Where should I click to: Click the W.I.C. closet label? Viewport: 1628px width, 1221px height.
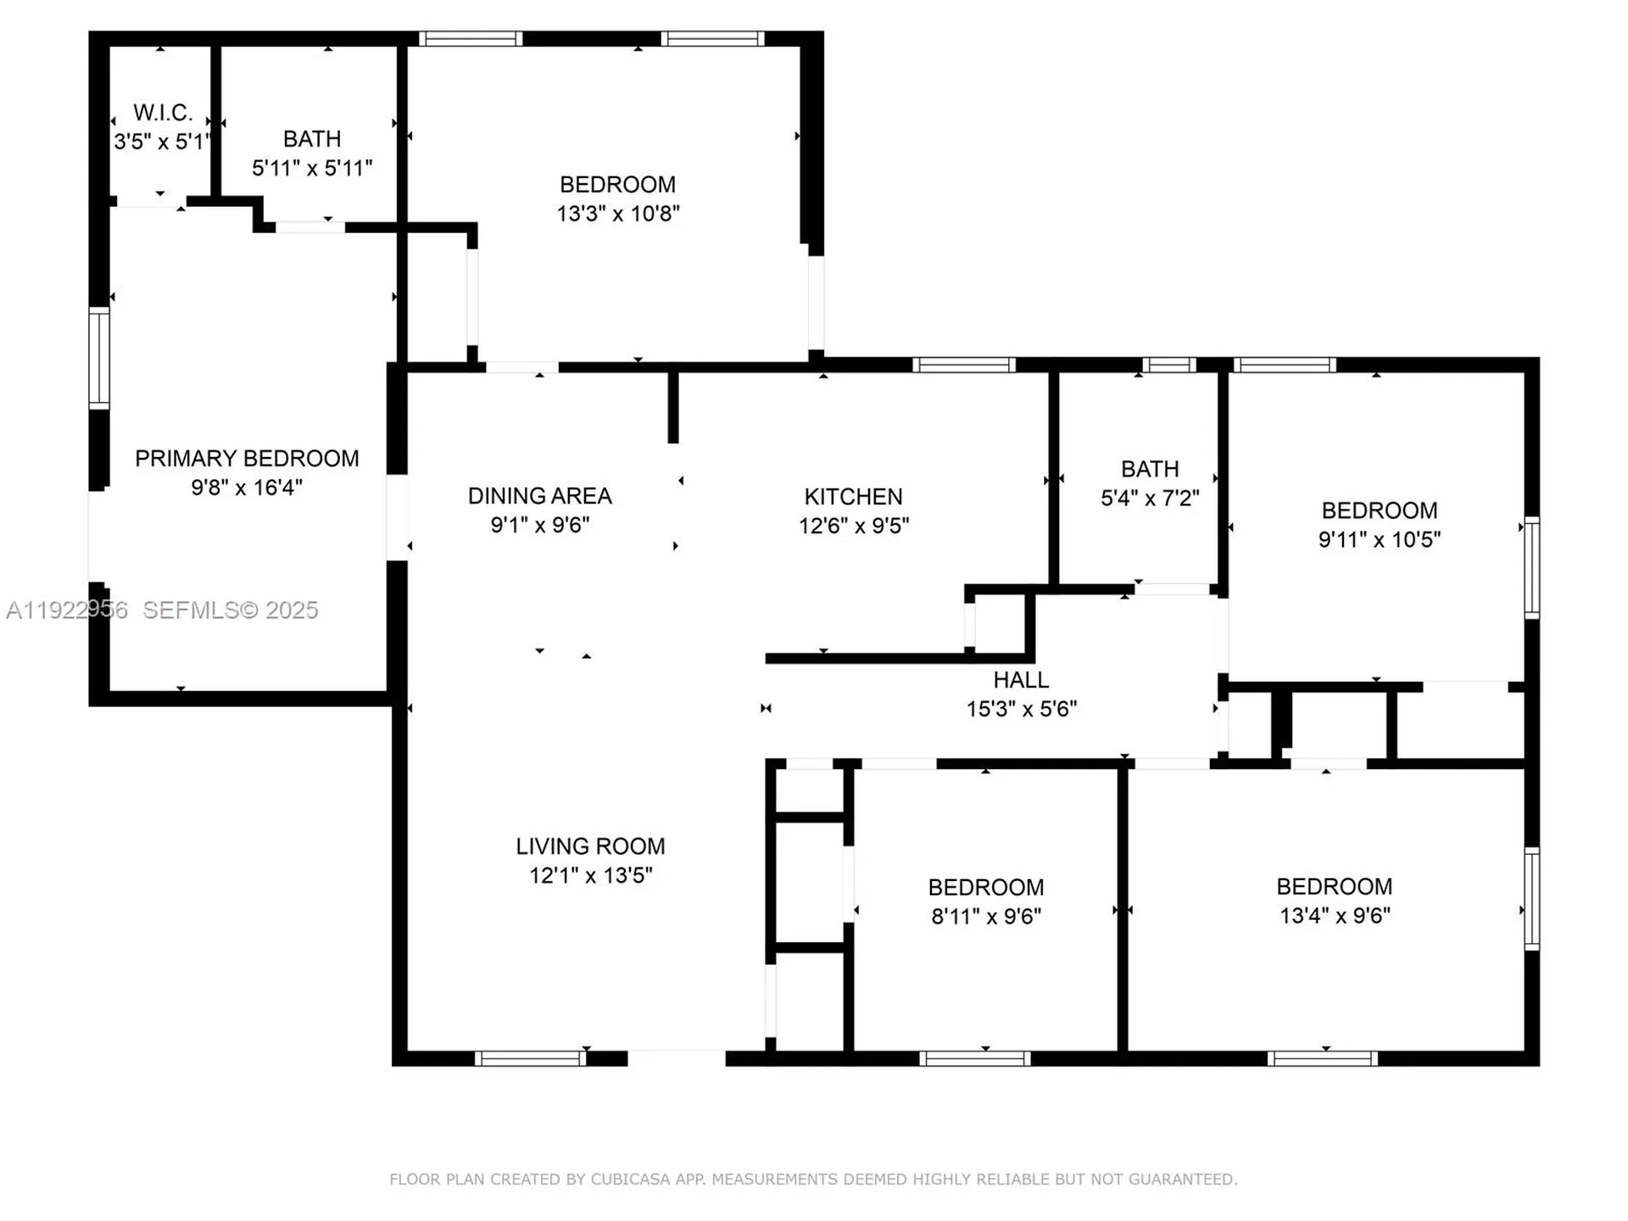click(163, 113)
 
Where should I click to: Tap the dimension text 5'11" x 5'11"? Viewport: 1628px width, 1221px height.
click(312, 168)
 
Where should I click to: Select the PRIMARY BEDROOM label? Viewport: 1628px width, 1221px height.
click(247, 459)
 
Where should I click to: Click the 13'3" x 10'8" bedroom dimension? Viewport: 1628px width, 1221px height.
click(617, 214)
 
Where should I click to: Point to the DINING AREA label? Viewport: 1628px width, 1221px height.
click(539, 496)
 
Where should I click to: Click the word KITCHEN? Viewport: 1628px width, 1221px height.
click(853, 497)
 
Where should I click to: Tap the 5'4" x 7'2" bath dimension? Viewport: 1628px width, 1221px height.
click(1150, 498)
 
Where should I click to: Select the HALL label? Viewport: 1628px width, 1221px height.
click(1021, 680)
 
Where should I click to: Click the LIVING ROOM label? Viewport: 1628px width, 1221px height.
click(590, 846)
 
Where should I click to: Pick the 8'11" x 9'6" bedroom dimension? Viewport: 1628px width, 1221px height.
click(985, 917)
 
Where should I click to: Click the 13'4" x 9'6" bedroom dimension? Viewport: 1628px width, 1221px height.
click(1335, 916)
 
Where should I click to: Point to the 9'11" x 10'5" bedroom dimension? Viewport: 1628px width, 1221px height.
click(1379, 539)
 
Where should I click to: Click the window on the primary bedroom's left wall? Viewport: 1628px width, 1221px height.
click(99, 359)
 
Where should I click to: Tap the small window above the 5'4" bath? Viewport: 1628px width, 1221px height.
click(1168, 365)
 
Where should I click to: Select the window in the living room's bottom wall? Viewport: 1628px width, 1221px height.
click(530, 1058)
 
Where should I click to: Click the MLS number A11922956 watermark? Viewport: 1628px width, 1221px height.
click(67, 610)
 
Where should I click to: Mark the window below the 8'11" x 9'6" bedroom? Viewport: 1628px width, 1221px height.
click(974, 1058)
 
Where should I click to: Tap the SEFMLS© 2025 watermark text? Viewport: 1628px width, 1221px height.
click(230, 610)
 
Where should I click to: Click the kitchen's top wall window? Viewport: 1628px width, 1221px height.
click(964, 365)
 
